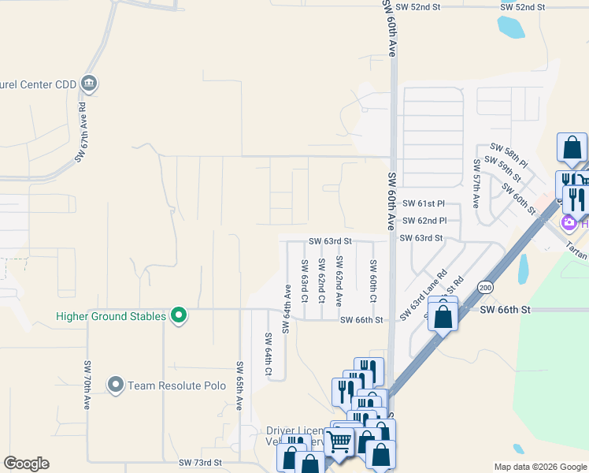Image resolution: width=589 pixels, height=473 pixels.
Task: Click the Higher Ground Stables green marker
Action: pos(179,316)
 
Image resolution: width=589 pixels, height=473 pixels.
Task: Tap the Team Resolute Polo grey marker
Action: pos(117,385)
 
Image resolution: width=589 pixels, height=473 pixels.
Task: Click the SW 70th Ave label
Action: pos(87,385)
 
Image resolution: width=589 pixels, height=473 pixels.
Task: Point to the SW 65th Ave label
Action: pos(239,385)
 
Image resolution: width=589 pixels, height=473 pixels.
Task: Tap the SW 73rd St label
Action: pos(201,462)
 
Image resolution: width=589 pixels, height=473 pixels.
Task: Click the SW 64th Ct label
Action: pos(269,356)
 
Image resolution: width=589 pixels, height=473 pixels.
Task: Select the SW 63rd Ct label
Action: pos(303,282)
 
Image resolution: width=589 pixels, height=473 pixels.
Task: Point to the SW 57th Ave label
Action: pos(476,184)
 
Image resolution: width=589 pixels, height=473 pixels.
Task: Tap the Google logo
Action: pos(26,464)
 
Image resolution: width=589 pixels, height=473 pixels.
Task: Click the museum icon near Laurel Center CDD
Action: pos(89,84)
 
